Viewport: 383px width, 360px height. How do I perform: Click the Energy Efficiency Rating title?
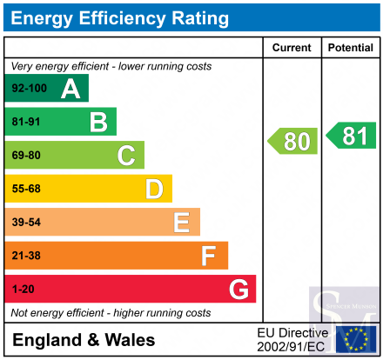click(x=119, y=18)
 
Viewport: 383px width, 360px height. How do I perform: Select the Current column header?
click(x=292, y=48)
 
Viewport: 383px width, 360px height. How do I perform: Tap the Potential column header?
click(x=351, y=48)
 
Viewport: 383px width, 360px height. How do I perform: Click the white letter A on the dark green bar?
click(x=71, y=89)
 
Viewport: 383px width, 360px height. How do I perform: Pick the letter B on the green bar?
click(x=98, y=122)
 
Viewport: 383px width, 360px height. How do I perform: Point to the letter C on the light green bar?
click(x=126, y=156)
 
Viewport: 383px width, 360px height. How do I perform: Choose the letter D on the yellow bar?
click(x=154, y=189)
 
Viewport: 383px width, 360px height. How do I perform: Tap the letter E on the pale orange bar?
click(x=182, y=223)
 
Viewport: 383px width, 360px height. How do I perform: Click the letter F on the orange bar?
click(x=209, y=256)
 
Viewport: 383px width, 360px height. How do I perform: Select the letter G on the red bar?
click(x=239, y=289)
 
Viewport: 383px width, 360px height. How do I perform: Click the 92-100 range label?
click(x=30, y=88)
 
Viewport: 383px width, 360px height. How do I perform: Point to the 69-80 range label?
click(x=26, y=156)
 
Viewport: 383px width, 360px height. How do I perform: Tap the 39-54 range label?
click(x=26, y=223)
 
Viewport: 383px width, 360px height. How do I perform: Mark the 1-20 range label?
click(x=24, y=290)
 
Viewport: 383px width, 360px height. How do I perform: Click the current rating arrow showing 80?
click(x=292, y=141)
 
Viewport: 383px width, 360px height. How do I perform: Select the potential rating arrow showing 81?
click(x=351, y=136)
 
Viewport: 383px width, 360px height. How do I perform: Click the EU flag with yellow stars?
click(x=356, y=339)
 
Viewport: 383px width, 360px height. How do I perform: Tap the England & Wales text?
click(x=84, y=340)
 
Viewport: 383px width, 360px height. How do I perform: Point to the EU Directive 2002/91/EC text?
click(x=292, y=340)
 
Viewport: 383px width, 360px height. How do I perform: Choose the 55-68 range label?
click(x=26, y=189)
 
